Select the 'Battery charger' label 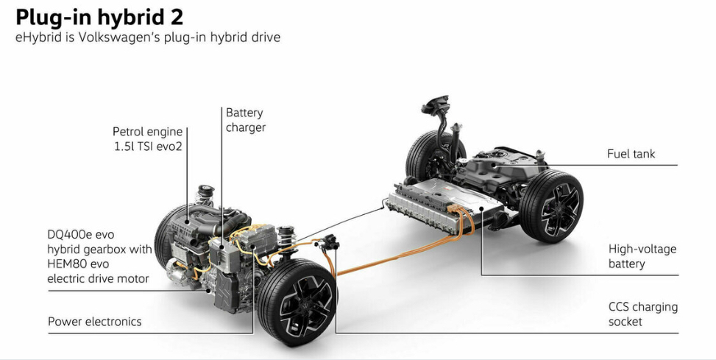[245, 120]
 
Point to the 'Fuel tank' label [631, 154]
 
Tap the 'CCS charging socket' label [642, 314]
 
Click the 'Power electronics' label [94, 321]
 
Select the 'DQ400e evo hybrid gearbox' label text [99, 250]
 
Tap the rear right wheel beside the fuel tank [552, 206]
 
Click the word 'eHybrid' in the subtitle [38, 37]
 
